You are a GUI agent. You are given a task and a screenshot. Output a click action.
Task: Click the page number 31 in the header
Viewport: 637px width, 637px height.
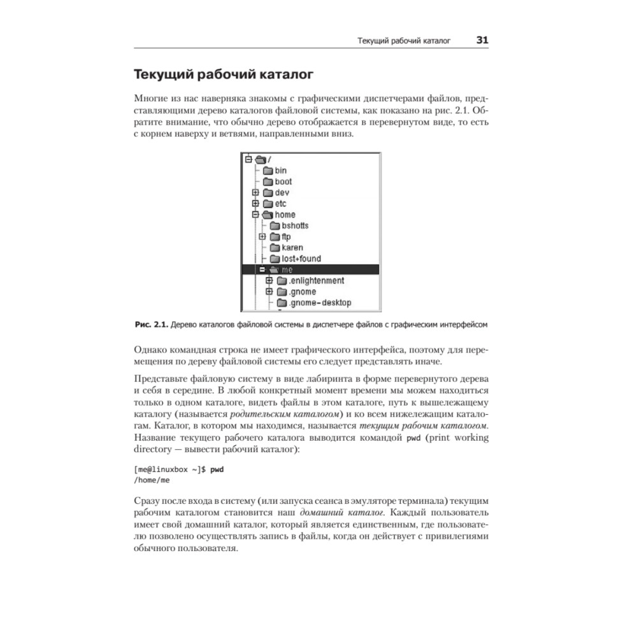point(482,40)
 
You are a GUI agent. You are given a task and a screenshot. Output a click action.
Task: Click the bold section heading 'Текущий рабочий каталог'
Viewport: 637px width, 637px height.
point(223,75)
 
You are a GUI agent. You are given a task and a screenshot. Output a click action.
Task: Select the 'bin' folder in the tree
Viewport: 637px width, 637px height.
point(280,170)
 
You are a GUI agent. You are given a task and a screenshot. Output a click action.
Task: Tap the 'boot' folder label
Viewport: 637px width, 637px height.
point(283,182)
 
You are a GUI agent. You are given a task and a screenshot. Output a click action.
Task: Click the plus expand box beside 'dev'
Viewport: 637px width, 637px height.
point(255,192)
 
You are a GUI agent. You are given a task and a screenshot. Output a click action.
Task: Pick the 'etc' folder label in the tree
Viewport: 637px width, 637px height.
point(281,204)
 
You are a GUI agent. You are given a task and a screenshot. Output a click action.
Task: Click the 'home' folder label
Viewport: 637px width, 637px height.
point(285,215)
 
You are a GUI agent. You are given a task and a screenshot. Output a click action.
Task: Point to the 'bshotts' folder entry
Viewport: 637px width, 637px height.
point(294,225)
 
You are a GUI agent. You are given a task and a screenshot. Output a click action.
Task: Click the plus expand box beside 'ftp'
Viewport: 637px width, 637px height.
point(262,237)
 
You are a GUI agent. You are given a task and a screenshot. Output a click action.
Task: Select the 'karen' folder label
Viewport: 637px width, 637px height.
point(292,247)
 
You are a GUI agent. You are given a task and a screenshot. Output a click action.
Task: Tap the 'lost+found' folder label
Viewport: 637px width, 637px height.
point(301,259)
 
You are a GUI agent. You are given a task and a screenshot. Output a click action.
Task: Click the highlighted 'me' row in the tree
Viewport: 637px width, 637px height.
point(310,269)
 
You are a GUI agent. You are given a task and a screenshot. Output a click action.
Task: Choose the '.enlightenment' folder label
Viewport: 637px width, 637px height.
point(316,280)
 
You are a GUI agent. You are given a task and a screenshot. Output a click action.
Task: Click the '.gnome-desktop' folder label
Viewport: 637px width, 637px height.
point(319,303)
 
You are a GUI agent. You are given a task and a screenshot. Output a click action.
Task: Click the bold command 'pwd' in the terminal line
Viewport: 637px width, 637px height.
point(218,470)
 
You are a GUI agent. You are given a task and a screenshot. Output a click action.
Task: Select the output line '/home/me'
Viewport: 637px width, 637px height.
point(152,480)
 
